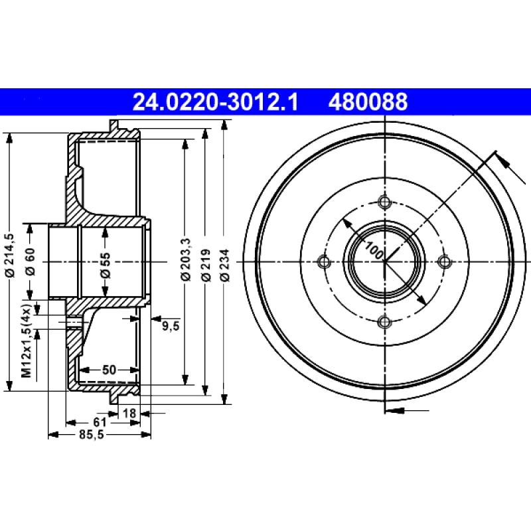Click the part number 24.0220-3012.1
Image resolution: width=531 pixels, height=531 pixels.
coord(215,102)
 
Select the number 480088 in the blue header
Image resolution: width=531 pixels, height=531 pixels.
coord(366,102)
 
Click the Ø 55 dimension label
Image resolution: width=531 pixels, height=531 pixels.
coord(106,263)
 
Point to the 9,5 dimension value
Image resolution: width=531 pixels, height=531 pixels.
coord(171,325)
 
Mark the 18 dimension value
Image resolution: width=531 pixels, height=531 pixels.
coord(130,414)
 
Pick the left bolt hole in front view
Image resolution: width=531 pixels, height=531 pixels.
coord(324,262)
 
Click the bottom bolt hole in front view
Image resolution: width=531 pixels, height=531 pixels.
coord(384,322)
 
